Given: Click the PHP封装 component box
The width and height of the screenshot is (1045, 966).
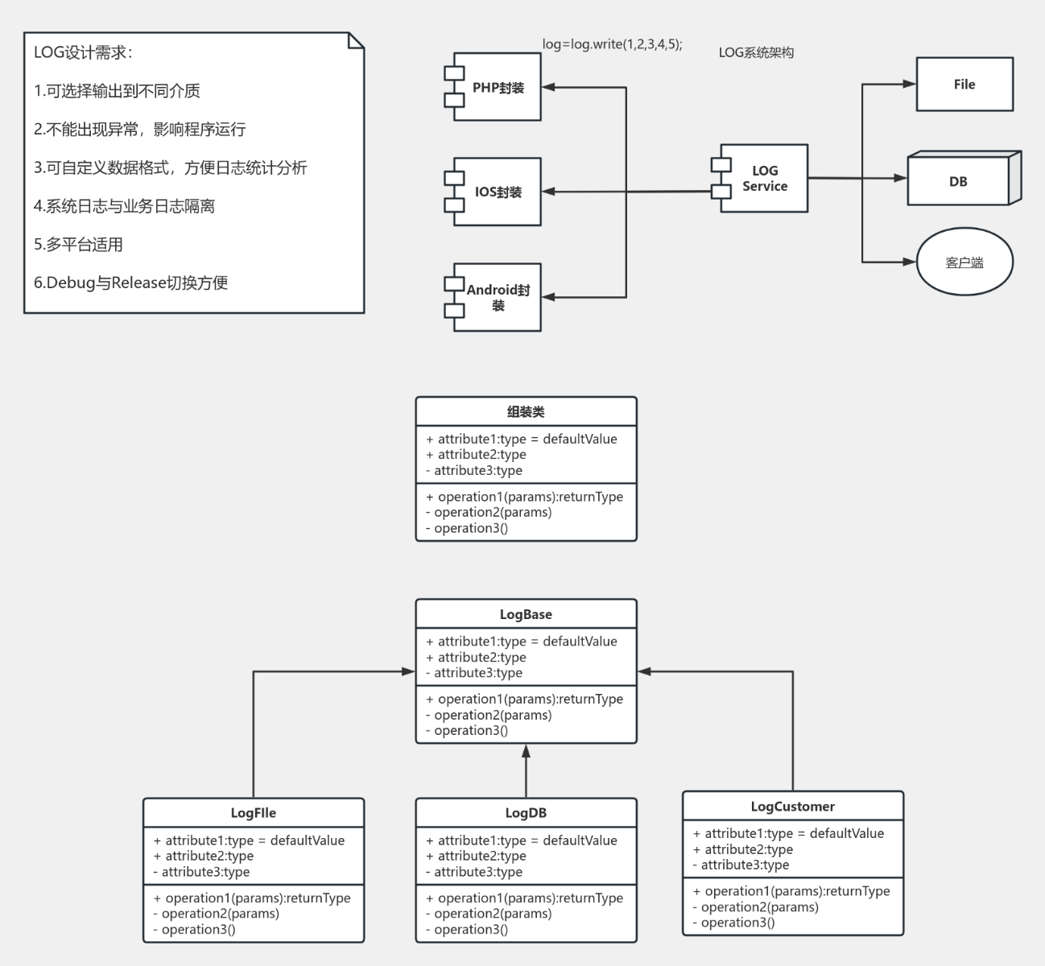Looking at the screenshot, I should point(497,88).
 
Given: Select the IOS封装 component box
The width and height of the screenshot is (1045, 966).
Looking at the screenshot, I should point(497,192).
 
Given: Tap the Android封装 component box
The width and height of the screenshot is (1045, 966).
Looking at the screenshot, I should point(497,297).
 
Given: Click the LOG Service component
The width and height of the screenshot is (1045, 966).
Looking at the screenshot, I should point(764,179).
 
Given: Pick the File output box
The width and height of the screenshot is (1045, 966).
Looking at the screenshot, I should point(964,85).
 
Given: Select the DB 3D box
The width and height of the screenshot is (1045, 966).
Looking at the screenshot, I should point(958,181).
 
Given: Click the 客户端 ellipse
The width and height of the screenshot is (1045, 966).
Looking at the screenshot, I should point(964,262).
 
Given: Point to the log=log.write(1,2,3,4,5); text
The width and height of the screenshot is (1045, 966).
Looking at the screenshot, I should point(612,44).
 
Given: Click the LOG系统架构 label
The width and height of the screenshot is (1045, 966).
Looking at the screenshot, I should point(756,53).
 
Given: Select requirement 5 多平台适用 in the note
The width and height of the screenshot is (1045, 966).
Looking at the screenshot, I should point(79,245).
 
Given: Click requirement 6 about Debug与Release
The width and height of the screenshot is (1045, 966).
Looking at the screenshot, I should point(131,283).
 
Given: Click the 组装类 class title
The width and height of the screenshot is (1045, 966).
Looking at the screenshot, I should point(526,412).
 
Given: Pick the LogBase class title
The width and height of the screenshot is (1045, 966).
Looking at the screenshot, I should point(526,614).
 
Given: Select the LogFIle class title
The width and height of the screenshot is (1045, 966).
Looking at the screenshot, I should point(254,813).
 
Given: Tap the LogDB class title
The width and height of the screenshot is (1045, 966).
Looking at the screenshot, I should point(526,813).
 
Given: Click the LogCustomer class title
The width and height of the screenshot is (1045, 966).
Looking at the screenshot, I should point(792,807).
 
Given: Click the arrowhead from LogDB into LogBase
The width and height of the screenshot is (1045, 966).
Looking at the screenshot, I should point(526,751).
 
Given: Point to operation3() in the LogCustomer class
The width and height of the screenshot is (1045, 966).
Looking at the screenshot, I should point(737,923).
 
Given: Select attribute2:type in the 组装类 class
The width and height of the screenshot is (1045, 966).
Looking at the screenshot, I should point(481,455).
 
